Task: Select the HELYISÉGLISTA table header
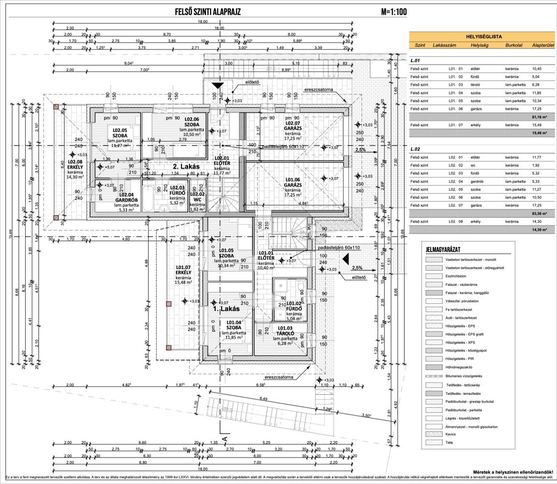tap(484, 36)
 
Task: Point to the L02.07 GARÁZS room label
tap(293, 128)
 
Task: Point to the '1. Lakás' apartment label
tap(226, 308)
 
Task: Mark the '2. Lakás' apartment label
tap(187, 166)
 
